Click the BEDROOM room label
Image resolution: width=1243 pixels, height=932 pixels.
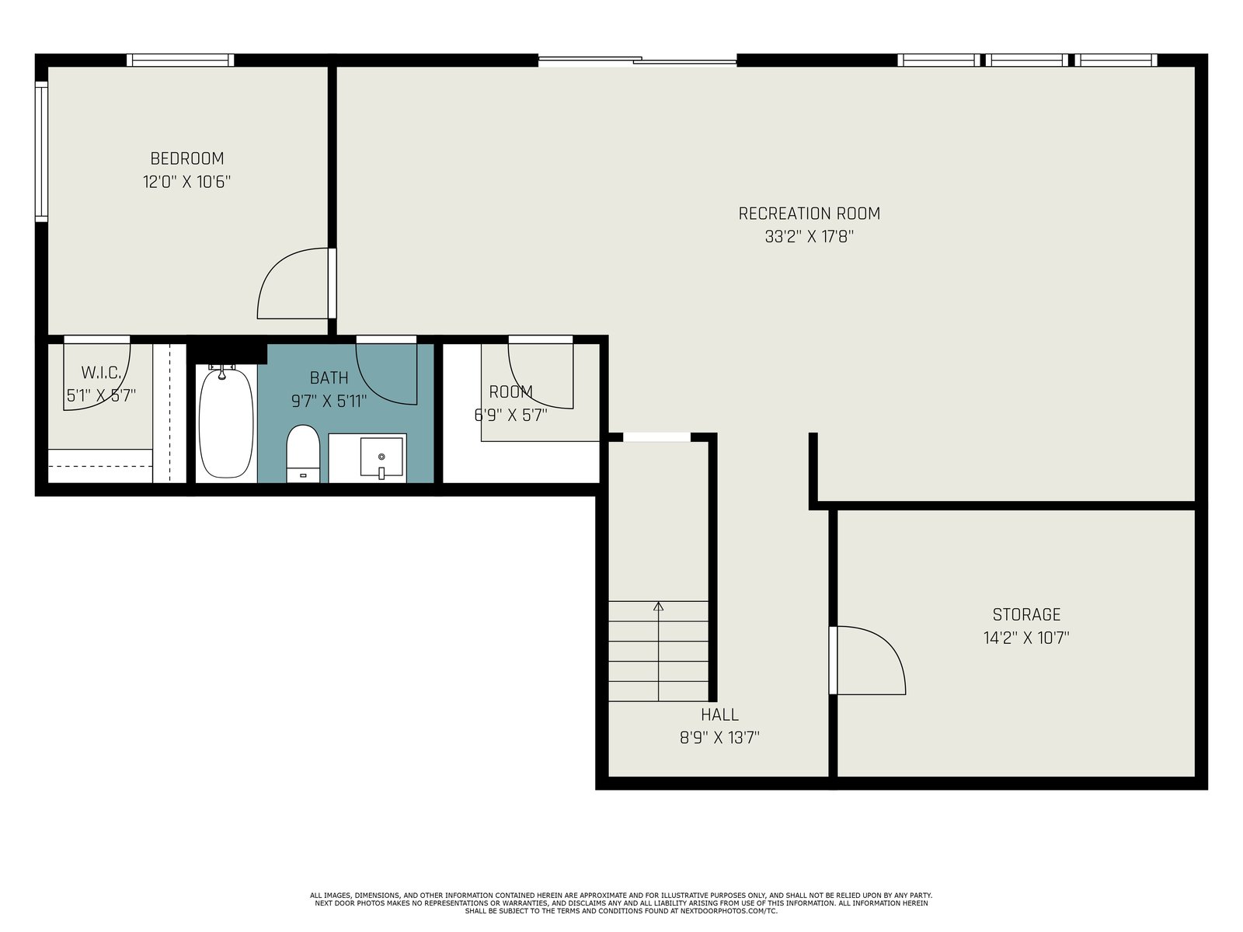(x=187, y=158)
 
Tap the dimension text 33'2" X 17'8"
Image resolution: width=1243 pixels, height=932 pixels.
(x=809, y=237)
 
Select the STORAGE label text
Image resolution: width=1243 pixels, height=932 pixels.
(x=1026, y=614)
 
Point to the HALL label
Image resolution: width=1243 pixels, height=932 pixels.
(x=719, y=715)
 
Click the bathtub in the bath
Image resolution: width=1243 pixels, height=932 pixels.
(x=226, y=423)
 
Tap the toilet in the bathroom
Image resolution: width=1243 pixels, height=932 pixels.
(x=303, y=454)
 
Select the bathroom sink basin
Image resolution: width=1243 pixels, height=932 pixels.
(x=381, y=457)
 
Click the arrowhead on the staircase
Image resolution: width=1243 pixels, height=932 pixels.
(x=658, y=607)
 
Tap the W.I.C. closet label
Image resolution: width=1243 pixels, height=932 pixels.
(x=101, y=373)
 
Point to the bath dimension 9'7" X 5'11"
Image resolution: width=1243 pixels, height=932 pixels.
(x=329, y=402)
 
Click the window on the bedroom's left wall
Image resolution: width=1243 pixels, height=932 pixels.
(x=41, y=151)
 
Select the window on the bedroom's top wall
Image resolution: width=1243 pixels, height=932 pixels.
(x=180, y=60)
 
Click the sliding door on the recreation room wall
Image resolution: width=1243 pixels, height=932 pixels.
(x=637, y=60)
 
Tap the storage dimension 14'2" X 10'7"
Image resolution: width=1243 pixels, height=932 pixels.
(x=1026, y=638)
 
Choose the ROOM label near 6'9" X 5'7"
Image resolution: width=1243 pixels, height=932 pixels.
(x=510, y=391)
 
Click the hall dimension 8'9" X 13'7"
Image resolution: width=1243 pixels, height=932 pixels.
(x=719, y=738)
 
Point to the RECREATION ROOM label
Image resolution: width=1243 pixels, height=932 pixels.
(x=810, y=214)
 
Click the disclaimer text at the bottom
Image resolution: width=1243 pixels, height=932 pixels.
(x=621, y=903)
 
